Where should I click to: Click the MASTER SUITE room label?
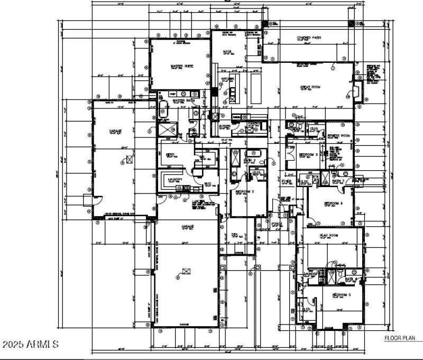click(x=181, y=67)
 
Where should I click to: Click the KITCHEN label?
click(x=228, y=79)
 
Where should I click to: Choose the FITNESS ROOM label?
click(x=339, y=136)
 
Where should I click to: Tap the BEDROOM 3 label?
click(x=308, y=155)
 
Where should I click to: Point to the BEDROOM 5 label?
click(x=342, y=294)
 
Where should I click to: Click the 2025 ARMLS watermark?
click(x=30, y=345)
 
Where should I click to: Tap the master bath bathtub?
click(x=164, y=109)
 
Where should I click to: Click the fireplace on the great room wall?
click(x=357, y=91)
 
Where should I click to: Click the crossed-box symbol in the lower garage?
click(x=185, y=271)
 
